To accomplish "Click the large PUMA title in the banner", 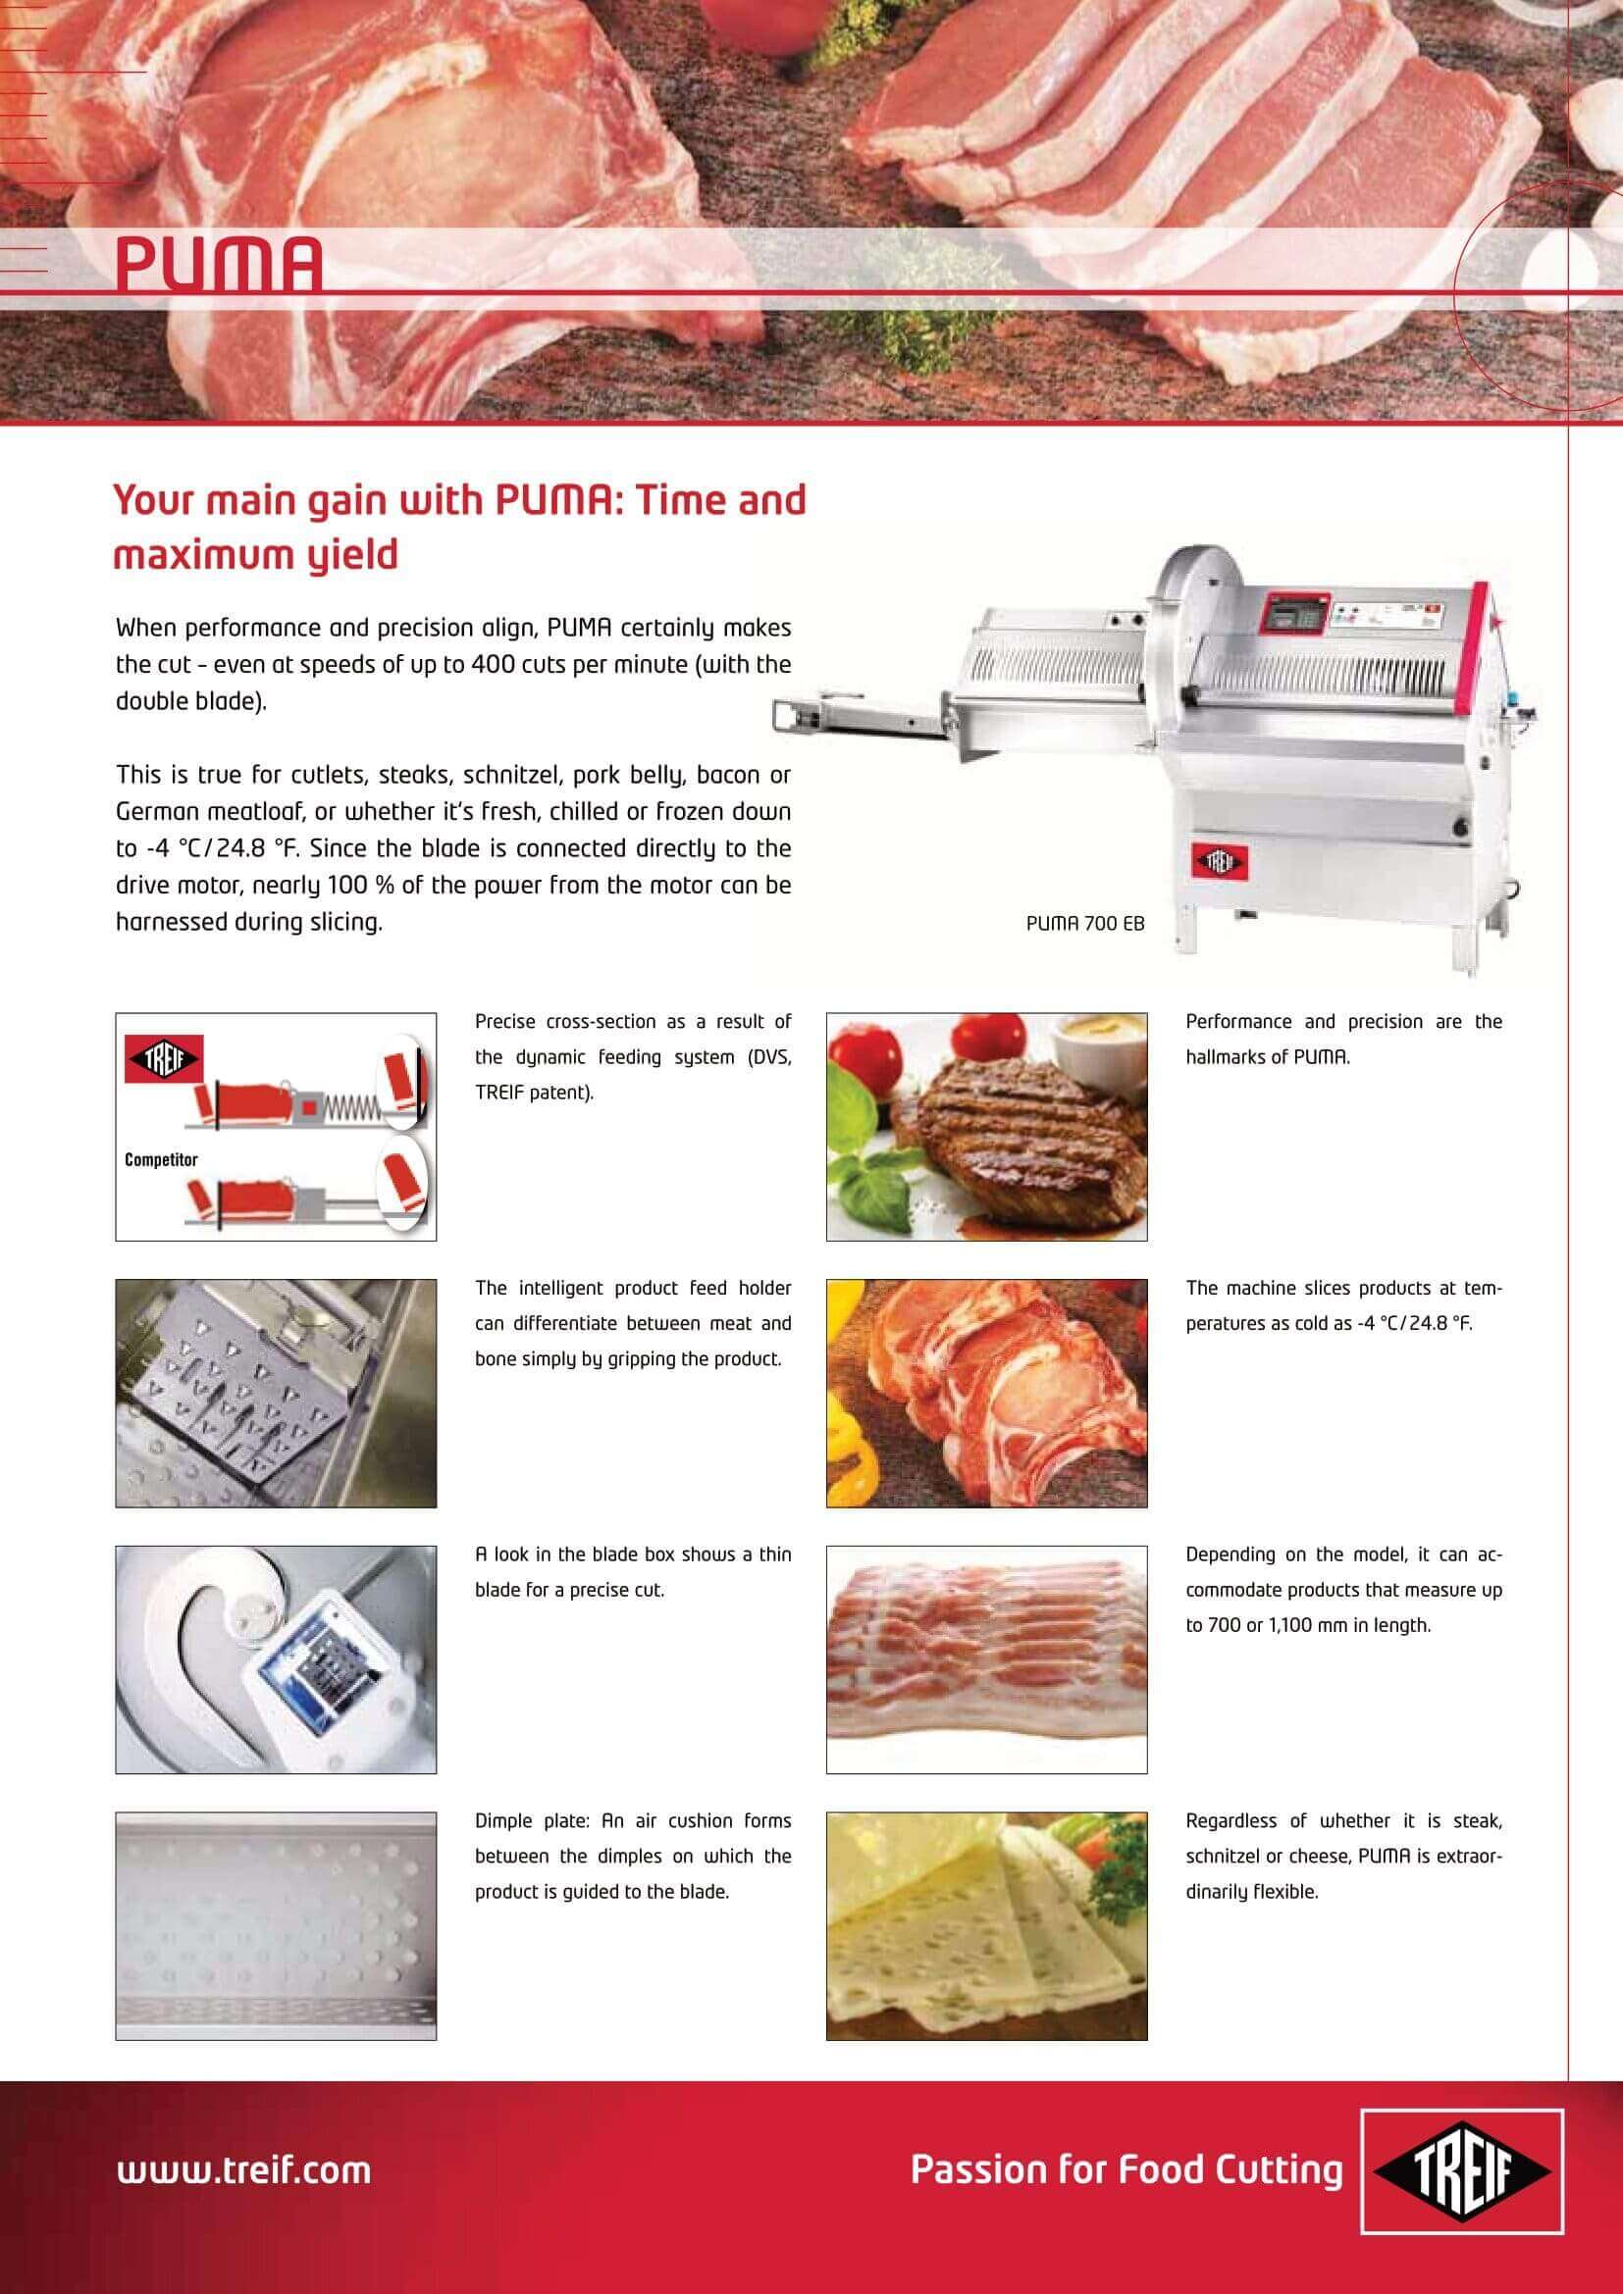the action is (219, 263).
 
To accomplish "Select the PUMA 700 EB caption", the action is (1085, 924).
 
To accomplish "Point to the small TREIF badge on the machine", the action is (1220, 862).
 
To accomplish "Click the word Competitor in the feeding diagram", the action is (161, 1159).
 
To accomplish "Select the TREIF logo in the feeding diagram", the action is (163, 1059).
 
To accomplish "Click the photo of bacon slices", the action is (986, 1659).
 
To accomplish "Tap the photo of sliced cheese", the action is (986, 1925).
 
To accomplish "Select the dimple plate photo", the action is (276, 1925).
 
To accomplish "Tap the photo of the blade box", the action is (276, 1659).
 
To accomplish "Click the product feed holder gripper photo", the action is (276, 1393).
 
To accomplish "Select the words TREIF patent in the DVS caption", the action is (534, 1092).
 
